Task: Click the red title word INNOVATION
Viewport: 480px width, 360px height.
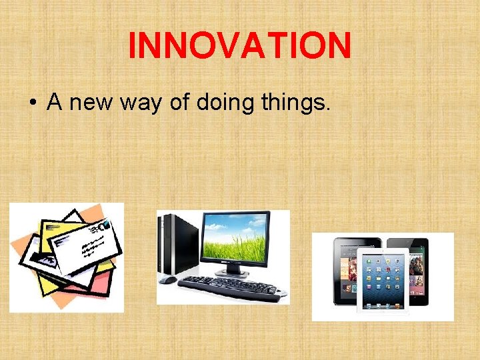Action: point(239,46)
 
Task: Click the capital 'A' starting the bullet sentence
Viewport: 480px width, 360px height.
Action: point(54,103)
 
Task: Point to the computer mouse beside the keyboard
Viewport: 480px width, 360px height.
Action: point(168,280)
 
